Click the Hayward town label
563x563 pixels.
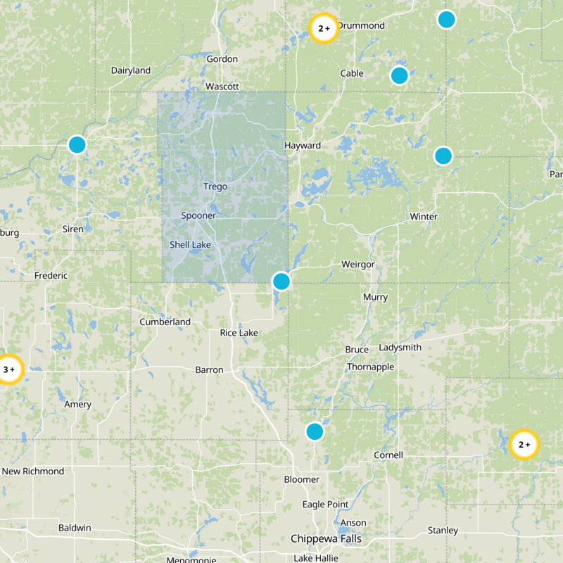pos(303,146)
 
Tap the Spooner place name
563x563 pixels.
pos(198,215)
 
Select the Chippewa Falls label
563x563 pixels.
pos(326,539)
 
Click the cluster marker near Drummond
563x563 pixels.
pos(324,28)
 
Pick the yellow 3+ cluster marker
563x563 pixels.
pos(9,369)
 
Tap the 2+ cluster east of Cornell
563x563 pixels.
pos(524,445)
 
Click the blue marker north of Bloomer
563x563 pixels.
pos(315,431)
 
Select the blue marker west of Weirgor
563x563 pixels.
pos(281,281)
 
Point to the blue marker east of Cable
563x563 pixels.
pos(399,75)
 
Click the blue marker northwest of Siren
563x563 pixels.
pos(77,144)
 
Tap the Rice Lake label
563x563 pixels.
pos(239,332)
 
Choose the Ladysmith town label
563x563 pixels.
pos(400,348)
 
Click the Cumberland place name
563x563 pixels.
pos(165,322)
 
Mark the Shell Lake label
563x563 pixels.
pos(190,245)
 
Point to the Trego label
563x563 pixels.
pos(215,186)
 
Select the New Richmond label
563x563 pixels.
pos(33,471)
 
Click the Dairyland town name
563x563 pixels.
pos(131,70)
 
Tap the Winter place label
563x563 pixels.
pos(423,217)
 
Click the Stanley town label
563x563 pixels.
pos(443,530)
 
